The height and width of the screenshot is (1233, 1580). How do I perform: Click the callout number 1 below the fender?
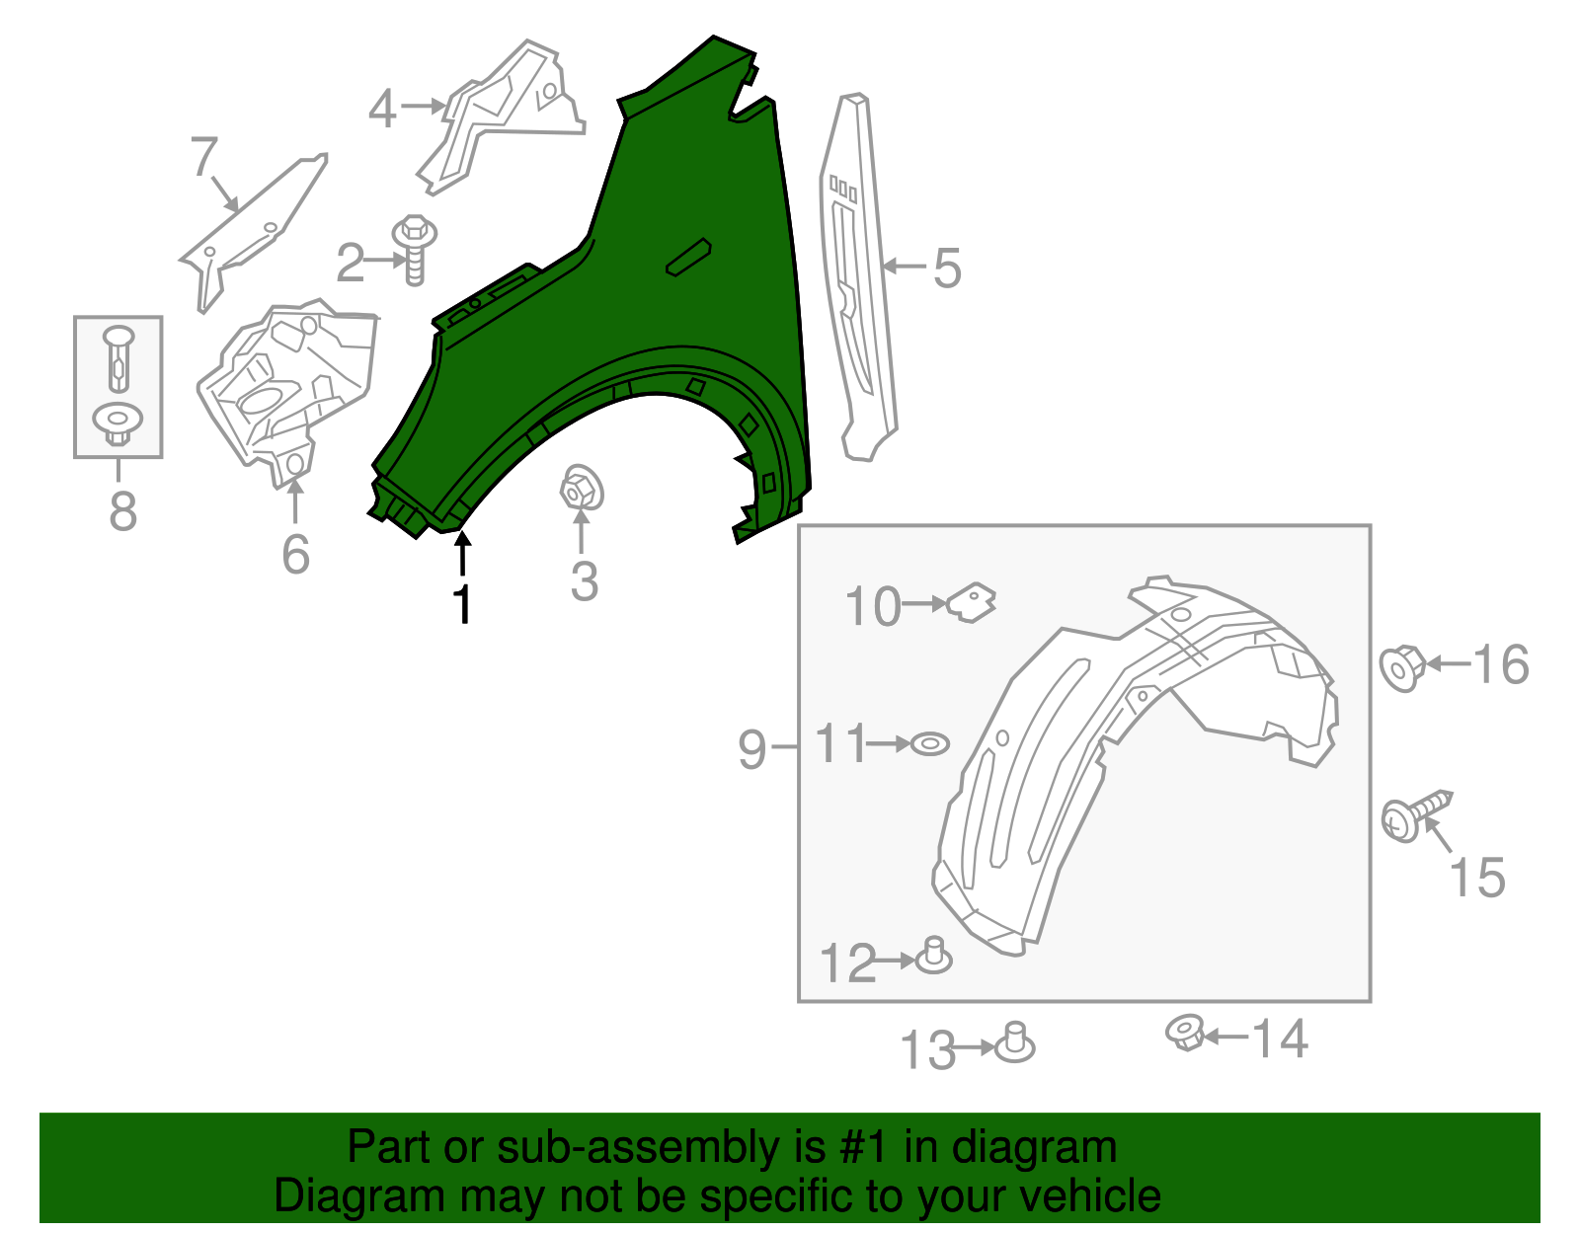pyautogui.click(x=461, y=604)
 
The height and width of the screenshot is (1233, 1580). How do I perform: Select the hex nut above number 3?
pyautogui.click(x=581, y=489)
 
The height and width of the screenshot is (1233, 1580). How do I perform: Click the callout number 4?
pyautogui.click(x=382, y=109)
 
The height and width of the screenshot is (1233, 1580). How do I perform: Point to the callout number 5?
pyautogui.click(x=946, y=269)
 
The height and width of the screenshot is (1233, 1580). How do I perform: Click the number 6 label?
pyautogui.click(x=295, y=555)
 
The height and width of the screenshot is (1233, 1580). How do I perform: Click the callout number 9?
pyautogui.click(x=751, y=749)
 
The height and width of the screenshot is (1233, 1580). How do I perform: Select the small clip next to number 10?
pyautogui.click(x=972, y=601)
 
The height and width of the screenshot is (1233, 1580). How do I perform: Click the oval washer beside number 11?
pyautogui.click(x=928, y=743)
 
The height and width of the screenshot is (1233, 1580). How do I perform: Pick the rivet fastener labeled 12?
pyautogui.click(x=933, y=957)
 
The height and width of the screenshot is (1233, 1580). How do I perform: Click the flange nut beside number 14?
pyautogui.click(x=1183, y=1033)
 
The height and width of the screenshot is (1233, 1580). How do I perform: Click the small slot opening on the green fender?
pyautogui.click(x=688, y=256)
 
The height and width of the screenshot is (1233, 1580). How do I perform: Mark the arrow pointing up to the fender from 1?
pyautogui.click(x=462, y=553)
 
